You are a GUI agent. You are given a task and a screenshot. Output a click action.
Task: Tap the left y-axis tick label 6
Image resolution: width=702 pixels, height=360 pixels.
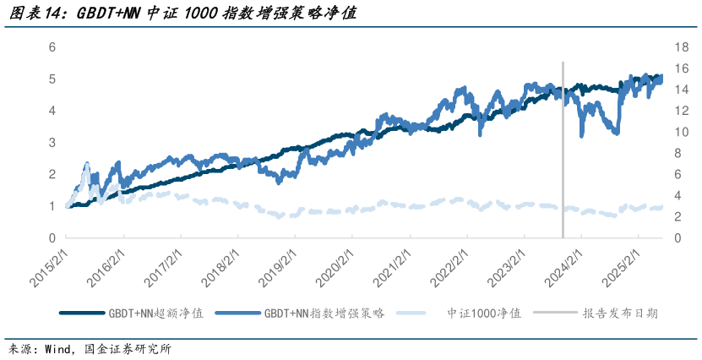click(52, 47)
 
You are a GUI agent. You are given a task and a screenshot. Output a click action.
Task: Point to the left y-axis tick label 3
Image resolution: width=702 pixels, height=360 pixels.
click(52, 143)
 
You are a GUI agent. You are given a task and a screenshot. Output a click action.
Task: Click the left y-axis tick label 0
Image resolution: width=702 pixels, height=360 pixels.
click(52, 238)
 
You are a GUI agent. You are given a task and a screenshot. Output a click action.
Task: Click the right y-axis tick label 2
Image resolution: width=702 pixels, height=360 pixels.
click(677, 217)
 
